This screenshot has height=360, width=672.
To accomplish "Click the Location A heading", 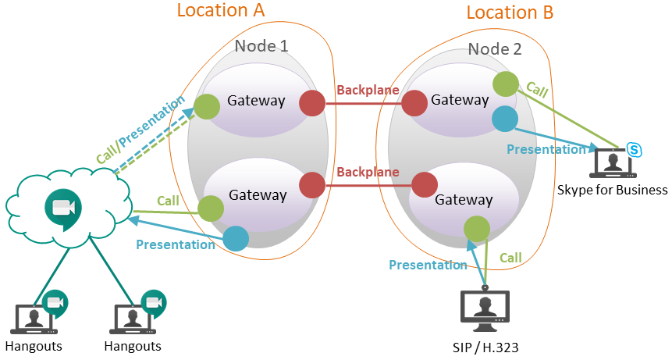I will tap(221, 10).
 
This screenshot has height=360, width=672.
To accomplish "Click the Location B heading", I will tap(510, 12).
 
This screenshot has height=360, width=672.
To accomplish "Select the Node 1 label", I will tap(261, 45).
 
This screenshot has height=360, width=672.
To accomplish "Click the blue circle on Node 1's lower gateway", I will tap(236, 239).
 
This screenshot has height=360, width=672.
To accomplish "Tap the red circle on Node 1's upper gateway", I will tap(312, 102).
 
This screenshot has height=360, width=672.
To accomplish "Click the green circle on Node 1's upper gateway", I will tap(207, 106).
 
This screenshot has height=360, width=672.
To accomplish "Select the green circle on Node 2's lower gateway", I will tap(477, 228).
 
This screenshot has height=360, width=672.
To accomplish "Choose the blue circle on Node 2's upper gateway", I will tap(505, 118).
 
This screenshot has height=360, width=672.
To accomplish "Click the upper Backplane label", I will tap(368, 91).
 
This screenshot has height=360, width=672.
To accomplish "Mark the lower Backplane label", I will tap(368, 173).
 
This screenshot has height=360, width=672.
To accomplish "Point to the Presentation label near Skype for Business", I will tap(546, 148).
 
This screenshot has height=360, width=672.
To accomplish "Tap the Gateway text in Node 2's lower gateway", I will tap(464, 200).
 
